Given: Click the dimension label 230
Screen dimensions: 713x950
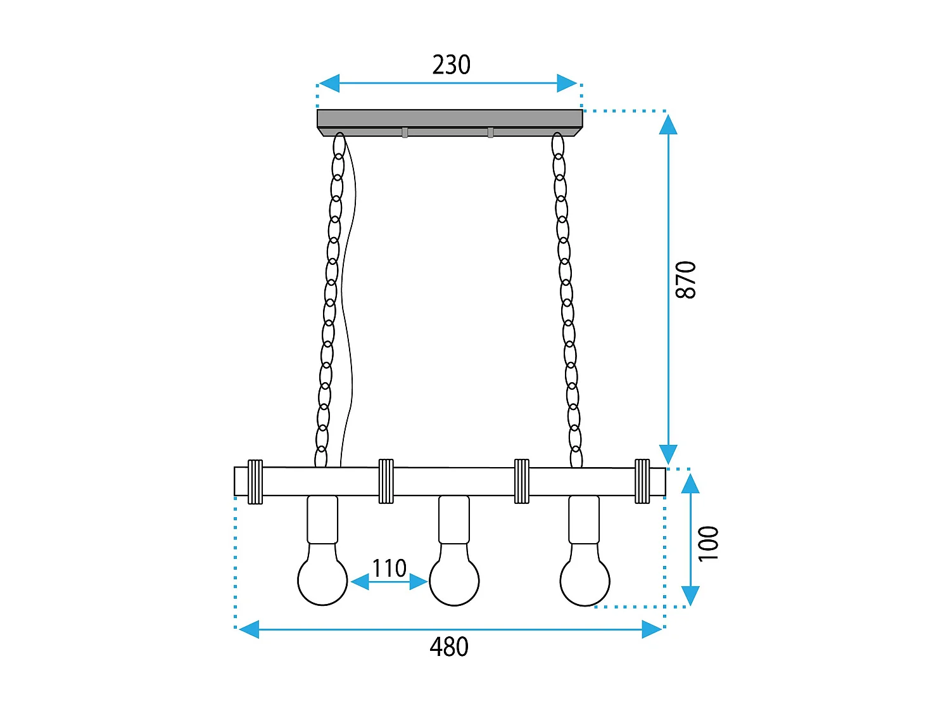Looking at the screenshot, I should [451, 65].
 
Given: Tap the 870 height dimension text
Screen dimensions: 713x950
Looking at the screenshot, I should [686, 279].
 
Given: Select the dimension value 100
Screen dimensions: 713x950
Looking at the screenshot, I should [709, 543].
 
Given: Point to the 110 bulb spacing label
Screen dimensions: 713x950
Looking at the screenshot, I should [389, 568].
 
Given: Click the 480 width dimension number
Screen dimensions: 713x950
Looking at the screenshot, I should [449, 647].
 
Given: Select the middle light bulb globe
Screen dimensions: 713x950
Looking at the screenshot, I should [454, 580].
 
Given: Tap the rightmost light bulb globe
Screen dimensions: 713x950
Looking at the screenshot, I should [585, 580].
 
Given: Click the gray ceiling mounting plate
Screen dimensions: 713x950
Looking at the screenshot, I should [449, 119].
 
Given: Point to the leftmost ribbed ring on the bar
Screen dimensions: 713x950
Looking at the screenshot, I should [255, 482].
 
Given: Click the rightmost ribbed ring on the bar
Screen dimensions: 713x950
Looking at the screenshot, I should [642, 481].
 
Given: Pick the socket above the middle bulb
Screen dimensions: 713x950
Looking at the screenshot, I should [454, 519].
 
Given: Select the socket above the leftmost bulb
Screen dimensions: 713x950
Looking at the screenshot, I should [322, 519].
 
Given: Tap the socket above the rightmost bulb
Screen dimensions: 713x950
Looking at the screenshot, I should [584, 519].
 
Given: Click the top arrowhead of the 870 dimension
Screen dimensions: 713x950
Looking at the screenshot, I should [668, 125].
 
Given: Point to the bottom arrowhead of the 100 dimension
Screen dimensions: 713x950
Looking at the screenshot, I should [690, 596].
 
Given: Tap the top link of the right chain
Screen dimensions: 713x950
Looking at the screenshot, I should [557, 145].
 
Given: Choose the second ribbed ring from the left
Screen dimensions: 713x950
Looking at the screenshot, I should [386, 482].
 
